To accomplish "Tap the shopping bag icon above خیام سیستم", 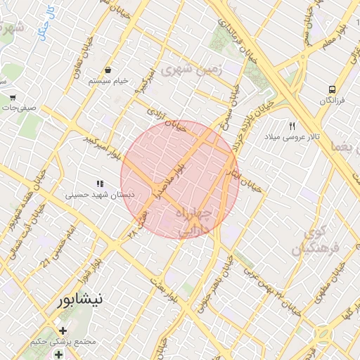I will coord(109,70).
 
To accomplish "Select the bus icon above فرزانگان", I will coord(331,89).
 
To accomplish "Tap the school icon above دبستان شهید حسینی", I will coord(100,184).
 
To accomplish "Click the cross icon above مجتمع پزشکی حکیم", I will coord(63,330).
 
